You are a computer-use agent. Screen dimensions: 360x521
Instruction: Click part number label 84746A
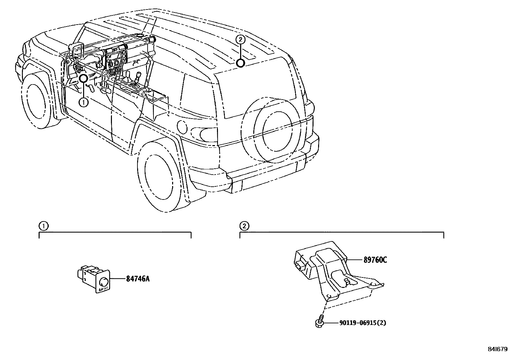tap(138, 279)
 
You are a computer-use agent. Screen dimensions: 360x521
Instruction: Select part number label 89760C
tap(375, 260)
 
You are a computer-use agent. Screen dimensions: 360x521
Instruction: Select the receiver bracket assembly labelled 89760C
tap(334, 269)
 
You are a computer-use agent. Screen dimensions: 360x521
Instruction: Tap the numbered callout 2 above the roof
tap(240, 40)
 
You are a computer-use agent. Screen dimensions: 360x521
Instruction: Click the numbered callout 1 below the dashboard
tap(84, 103)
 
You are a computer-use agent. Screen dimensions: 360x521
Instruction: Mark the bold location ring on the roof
tap(241, 62)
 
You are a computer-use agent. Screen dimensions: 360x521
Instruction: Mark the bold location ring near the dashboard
tap(83, 78)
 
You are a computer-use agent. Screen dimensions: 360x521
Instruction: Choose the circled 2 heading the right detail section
tap(244, 226)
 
